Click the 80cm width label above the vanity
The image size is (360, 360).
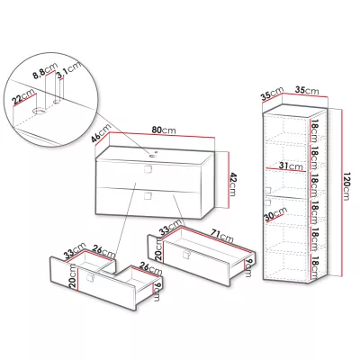164,130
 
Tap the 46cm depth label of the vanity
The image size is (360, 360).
101,134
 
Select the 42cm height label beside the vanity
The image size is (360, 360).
232,184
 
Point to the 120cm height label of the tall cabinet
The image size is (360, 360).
346,186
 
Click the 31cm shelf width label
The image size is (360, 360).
291,166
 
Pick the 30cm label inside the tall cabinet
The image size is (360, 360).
275,214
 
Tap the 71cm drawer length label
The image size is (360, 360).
222,235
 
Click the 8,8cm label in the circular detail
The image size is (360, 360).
43,71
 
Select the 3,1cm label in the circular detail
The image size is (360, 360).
69,70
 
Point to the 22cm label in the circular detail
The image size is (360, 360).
23,97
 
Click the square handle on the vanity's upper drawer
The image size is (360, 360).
148,169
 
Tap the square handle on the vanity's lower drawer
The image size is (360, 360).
148,196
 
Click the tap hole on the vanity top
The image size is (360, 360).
154,155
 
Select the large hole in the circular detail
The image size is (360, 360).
39,112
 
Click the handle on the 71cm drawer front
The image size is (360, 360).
187,255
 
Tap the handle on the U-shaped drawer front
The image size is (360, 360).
90,278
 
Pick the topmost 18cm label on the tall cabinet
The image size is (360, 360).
314,130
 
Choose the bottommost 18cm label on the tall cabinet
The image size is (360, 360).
314,267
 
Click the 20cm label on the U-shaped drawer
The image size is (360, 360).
73,277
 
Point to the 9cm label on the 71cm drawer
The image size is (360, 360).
247,268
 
